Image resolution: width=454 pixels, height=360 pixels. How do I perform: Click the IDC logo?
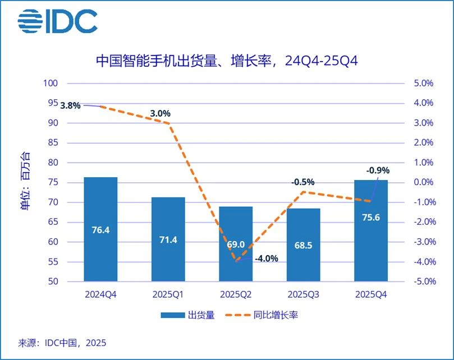57,21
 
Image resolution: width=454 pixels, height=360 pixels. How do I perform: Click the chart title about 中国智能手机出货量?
227,61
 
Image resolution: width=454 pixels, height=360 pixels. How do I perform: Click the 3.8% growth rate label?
71,105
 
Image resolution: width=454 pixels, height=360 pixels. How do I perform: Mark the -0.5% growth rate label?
302,182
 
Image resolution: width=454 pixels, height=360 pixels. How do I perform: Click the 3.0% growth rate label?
160,113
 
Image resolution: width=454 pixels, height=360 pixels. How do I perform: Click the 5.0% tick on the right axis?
423,83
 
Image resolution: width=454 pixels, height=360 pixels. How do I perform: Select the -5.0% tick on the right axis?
422,281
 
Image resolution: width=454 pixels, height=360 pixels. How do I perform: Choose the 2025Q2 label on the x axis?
235,294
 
